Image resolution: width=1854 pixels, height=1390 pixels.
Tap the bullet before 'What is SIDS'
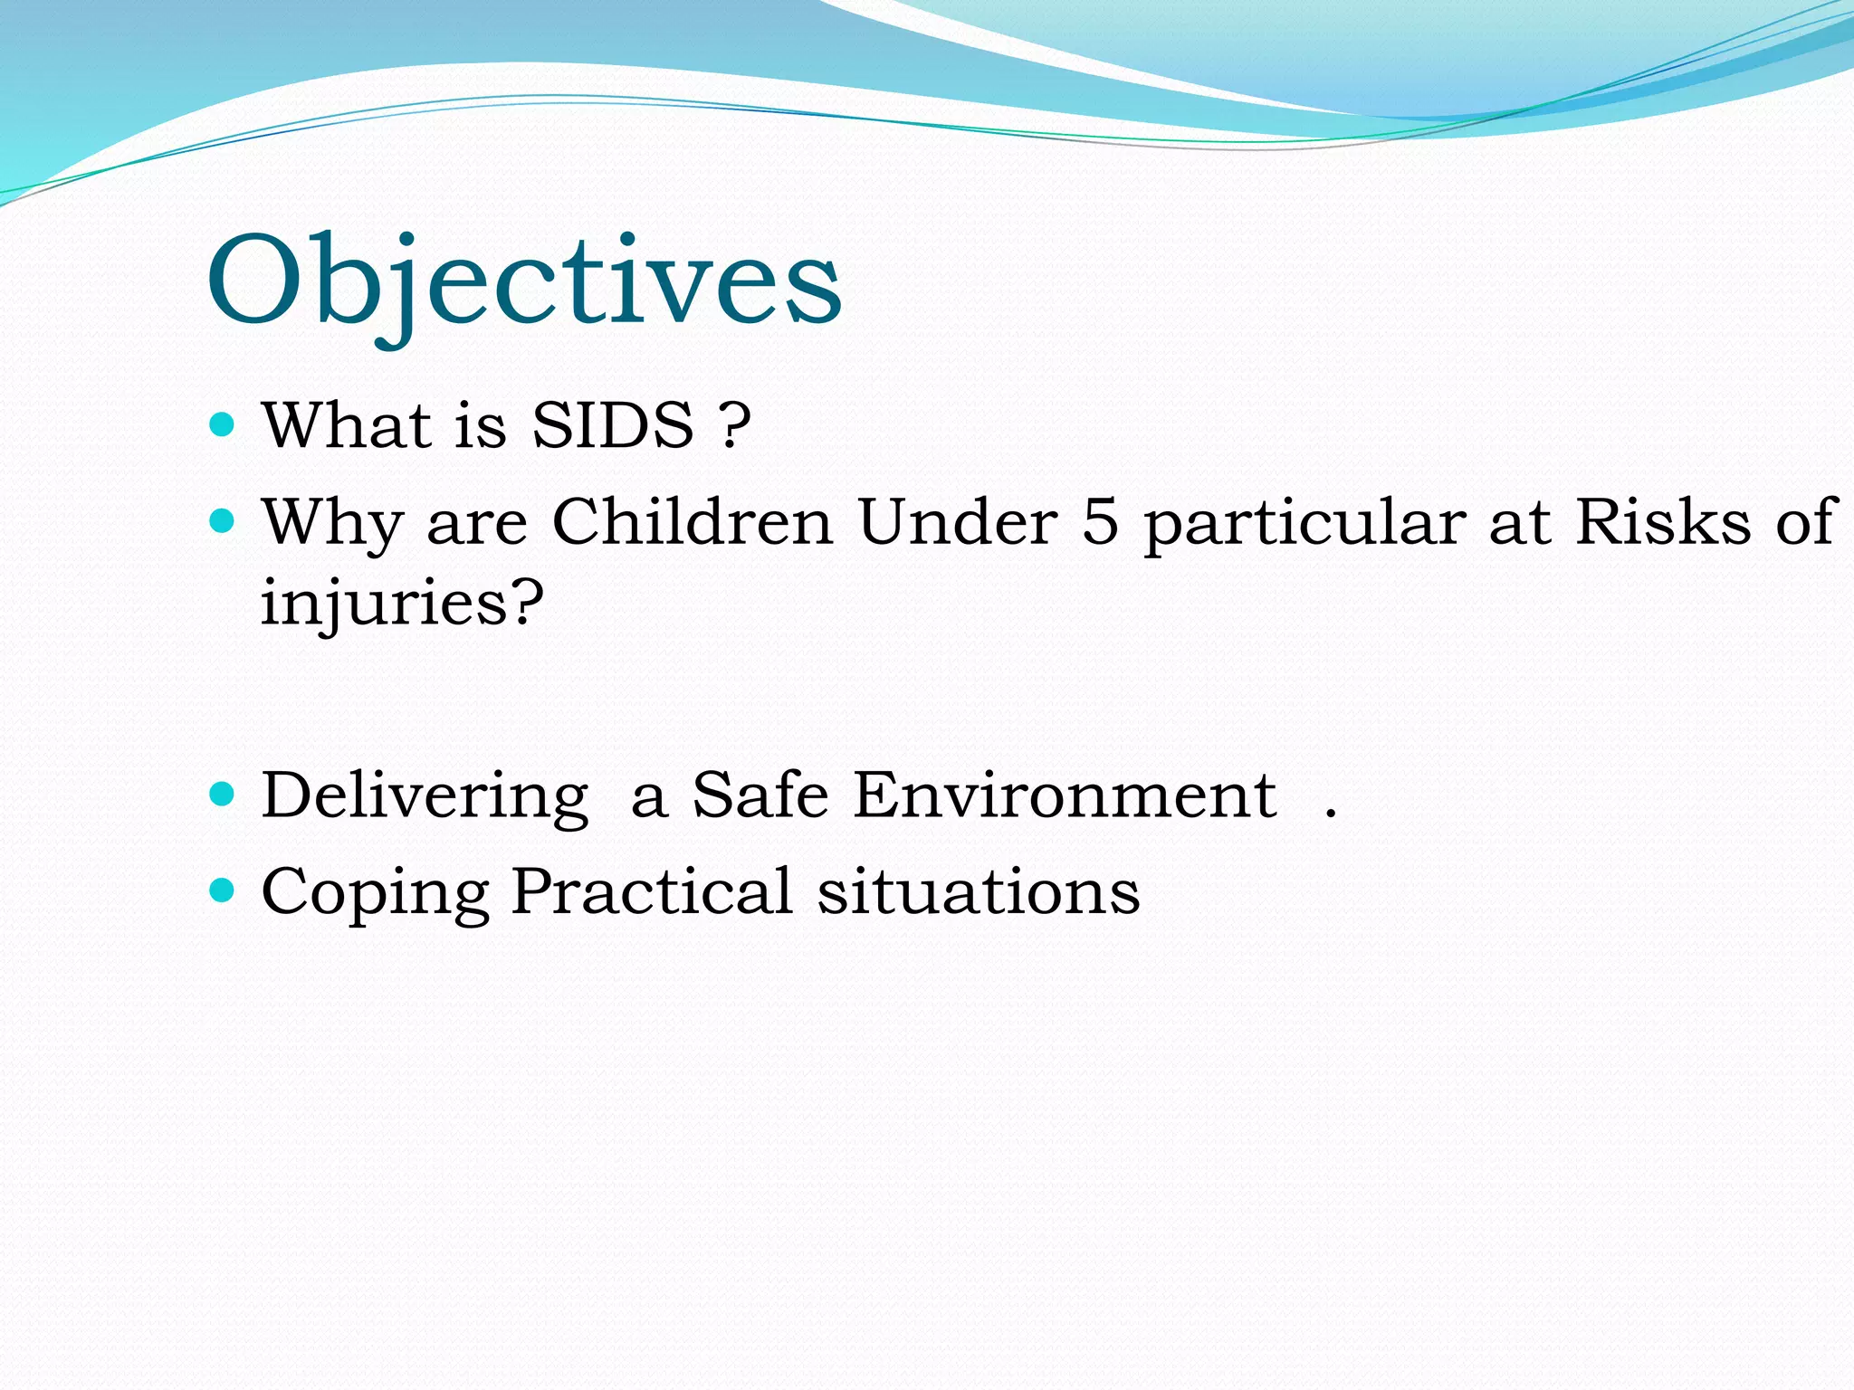(222, 424)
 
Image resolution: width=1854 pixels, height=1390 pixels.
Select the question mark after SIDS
(734, 424)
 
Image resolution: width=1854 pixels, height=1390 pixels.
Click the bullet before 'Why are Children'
(222, 521)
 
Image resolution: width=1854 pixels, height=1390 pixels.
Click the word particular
(1304, 525)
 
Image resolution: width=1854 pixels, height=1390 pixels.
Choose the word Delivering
(425, 796)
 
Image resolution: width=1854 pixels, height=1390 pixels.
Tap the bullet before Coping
(222, 890)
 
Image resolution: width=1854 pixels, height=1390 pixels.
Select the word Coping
(375, 894)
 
